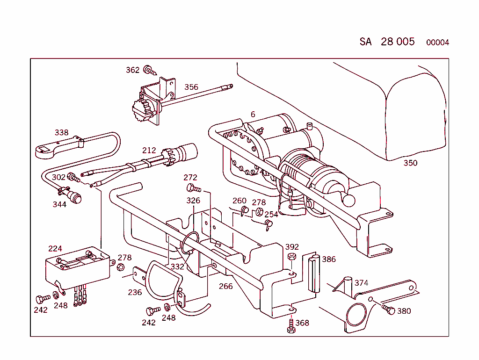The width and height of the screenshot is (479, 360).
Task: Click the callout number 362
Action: tap(132, 70)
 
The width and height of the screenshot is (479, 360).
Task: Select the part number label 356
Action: tap(191, 87)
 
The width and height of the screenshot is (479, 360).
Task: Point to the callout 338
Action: tap(61, 132)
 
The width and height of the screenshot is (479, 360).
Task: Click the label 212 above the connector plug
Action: tap(149, 151)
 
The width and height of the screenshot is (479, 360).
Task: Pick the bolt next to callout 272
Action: tap(193, 188)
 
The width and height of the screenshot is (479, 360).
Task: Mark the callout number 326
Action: tap(193, 201)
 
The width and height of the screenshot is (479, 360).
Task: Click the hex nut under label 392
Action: tap(291, 257)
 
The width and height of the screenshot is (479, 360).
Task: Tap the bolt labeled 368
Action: tap(291, 325)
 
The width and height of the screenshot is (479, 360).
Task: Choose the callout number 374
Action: tap(361, 283)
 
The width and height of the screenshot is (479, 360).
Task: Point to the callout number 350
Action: tap(410, 163)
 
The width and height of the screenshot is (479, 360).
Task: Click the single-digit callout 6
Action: tap(253, 115)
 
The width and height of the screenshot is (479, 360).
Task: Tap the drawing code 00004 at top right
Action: tap(437, 43)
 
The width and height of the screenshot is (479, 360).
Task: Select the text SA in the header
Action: tap(365, 42)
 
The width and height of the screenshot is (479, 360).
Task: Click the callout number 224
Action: tap(55, 248)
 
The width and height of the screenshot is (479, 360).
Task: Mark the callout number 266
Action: tap(225, 286)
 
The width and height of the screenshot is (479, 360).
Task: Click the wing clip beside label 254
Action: tap(269, 225)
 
